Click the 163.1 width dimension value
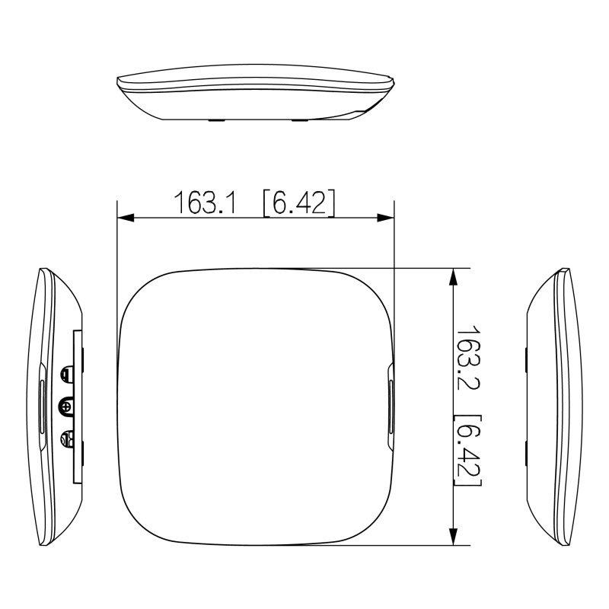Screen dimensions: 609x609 coord(204,202)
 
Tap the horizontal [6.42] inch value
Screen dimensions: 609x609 coord(298,202)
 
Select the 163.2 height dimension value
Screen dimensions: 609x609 coord(468,357)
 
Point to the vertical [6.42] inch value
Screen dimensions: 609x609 coord(468,450)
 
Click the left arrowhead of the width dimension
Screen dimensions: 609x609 coord(126,218)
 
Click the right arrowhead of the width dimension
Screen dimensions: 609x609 coord(386,218)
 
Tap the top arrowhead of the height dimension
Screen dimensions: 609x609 coord(453,276)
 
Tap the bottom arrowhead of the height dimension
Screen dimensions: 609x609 coord(453,537)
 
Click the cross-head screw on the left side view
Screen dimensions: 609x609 coord(66,407)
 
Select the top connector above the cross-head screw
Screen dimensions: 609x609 coord(66,374)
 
